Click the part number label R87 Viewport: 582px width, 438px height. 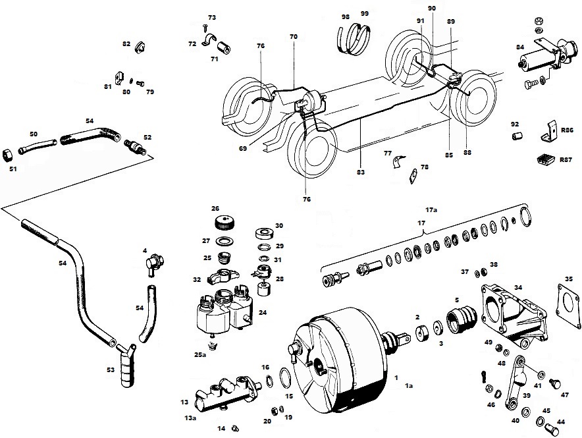pos(566,159)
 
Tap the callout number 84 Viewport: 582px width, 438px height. pos(520,47)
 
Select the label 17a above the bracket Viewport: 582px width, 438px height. pos(431,210)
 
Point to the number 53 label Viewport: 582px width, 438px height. pos(111,370)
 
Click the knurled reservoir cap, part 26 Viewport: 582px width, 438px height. pos(223,223)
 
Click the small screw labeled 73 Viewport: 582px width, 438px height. pos(205,28)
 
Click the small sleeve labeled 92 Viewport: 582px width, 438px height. pos(516,136)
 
